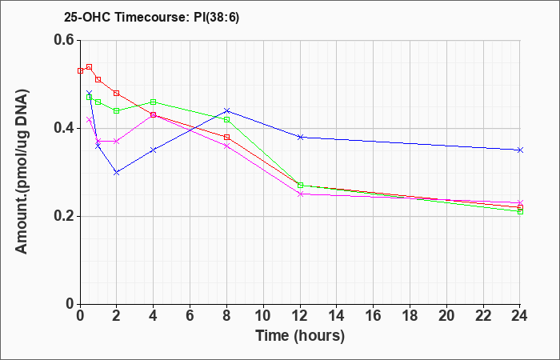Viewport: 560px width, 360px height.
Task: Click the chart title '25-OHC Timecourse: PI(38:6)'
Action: pos(151,17)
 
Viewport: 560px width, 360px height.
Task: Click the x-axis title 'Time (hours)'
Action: pos(300,336)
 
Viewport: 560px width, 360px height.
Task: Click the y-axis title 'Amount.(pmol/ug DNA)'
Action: pos(22,171)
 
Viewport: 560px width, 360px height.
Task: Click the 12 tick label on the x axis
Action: pos(300,316)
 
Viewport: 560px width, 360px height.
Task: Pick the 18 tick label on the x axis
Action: pos(410,316)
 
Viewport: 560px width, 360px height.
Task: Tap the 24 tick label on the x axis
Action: pos(520,316)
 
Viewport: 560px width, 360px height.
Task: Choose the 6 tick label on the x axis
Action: pos(190,316)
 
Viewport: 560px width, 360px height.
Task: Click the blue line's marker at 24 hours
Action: pos(520,150)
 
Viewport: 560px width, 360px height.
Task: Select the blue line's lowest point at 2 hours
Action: pos(117,172)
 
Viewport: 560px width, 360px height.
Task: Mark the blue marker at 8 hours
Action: pos(226,110)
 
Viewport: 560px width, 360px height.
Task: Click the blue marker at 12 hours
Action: pos(300,137)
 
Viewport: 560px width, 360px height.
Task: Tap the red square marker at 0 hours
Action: pos(80,70)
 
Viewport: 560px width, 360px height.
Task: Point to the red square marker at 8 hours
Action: pos(226,137)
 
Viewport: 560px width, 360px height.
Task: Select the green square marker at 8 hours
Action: pos(226,120)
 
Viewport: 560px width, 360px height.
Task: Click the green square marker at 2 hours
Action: pos(117,110)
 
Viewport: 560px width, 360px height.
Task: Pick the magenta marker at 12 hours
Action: pos(300,194)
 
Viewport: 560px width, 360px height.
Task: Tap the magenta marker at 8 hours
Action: pos(226,146)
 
